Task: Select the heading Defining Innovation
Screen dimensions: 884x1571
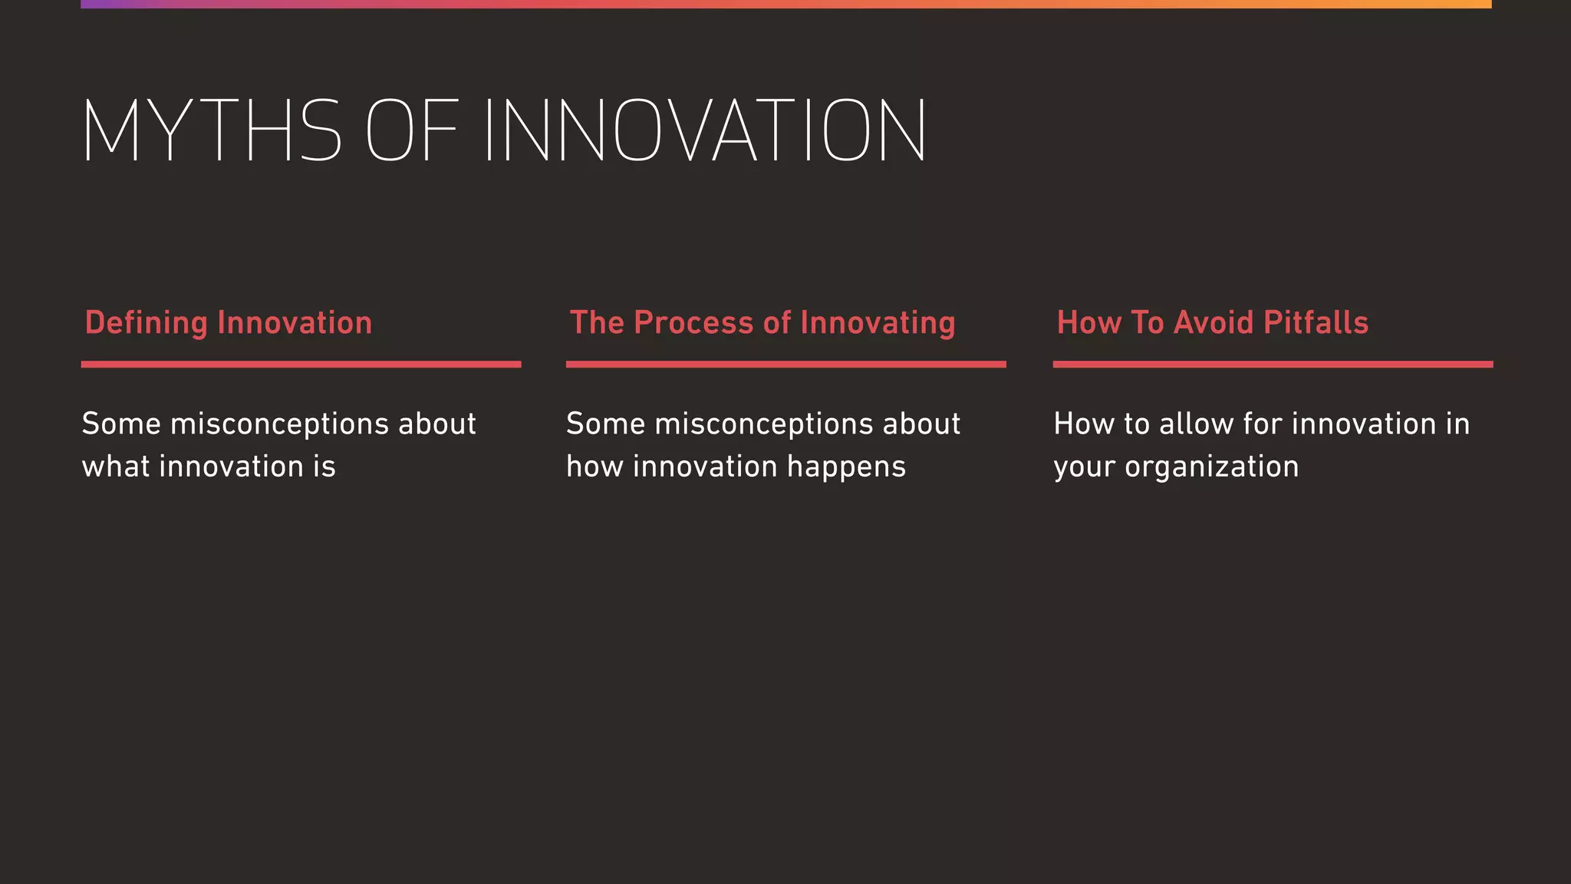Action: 228,323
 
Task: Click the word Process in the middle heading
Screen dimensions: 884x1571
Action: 693,323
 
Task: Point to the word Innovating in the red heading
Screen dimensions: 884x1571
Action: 878,323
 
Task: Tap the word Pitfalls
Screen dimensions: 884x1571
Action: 1316,323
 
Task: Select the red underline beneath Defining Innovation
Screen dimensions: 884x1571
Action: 301,364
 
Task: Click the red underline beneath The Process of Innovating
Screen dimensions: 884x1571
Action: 785,364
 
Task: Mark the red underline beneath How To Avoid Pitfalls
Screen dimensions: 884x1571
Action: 1273,364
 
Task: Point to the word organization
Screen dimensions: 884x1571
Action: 1211,467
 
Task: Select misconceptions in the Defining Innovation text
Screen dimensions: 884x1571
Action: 279,424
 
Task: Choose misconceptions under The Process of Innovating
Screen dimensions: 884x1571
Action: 764,424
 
